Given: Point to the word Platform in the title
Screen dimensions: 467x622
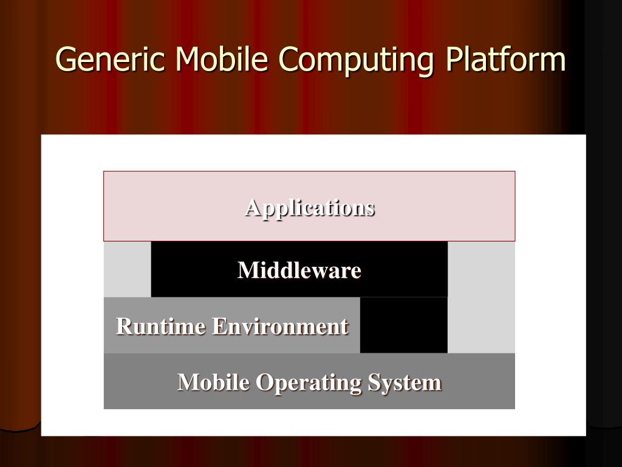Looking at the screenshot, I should point(506,60).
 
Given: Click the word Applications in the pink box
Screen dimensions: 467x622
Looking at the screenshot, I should point(310,208).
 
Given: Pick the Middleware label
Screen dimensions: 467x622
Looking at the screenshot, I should point(299,270).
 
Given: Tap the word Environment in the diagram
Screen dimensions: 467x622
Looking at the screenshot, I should point(280,327).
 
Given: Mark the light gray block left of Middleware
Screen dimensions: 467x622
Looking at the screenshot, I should point(128,269).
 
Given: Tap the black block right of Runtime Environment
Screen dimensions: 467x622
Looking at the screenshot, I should point(404,325).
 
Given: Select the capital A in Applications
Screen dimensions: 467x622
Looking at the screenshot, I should point(252,208).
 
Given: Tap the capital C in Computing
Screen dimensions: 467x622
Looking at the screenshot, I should point(287,60).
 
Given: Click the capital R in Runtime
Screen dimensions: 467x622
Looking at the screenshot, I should point(123,327).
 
